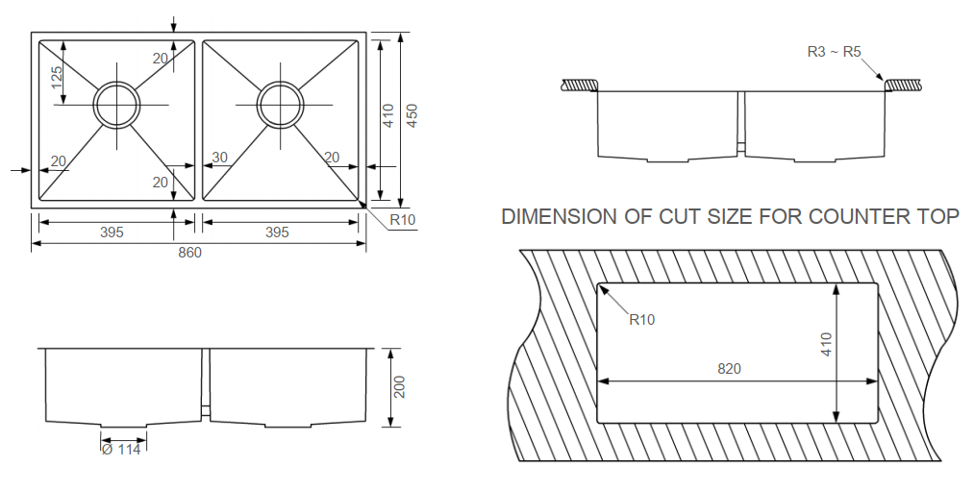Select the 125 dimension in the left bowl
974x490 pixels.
57,85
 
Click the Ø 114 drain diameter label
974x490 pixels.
121,449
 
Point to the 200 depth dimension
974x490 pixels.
401,387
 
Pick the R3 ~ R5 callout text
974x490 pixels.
834,52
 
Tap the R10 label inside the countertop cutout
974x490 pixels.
641,320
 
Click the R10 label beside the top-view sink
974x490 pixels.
402,220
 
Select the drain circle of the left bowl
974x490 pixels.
116,103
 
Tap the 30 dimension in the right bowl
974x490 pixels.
220,158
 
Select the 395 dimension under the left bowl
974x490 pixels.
112,233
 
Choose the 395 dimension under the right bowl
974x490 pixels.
277,233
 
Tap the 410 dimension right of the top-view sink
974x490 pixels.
388,116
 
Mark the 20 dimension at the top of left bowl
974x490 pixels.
160,59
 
